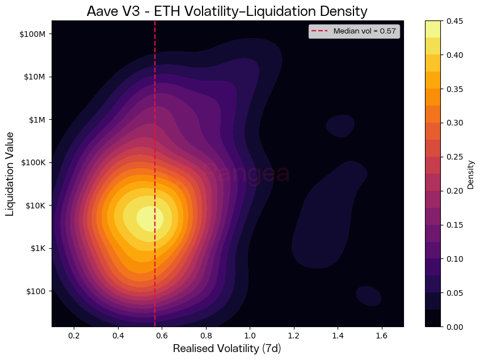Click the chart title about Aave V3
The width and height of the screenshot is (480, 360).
coord(227,11)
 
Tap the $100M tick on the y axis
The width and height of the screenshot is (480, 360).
coord(32,34)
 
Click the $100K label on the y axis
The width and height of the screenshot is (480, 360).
coord(32,162)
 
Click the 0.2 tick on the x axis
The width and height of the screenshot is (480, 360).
coord(74,336)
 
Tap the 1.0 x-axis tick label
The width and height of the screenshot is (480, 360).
coord(250,336)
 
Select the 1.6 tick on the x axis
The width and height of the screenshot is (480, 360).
coord(382,336)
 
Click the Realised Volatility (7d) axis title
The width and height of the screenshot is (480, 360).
coord(227,349)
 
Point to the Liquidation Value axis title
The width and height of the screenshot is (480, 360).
coord(10,174)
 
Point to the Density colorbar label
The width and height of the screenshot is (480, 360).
coord(470,174)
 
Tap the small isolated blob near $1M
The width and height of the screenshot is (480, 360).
coord(340,125)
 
